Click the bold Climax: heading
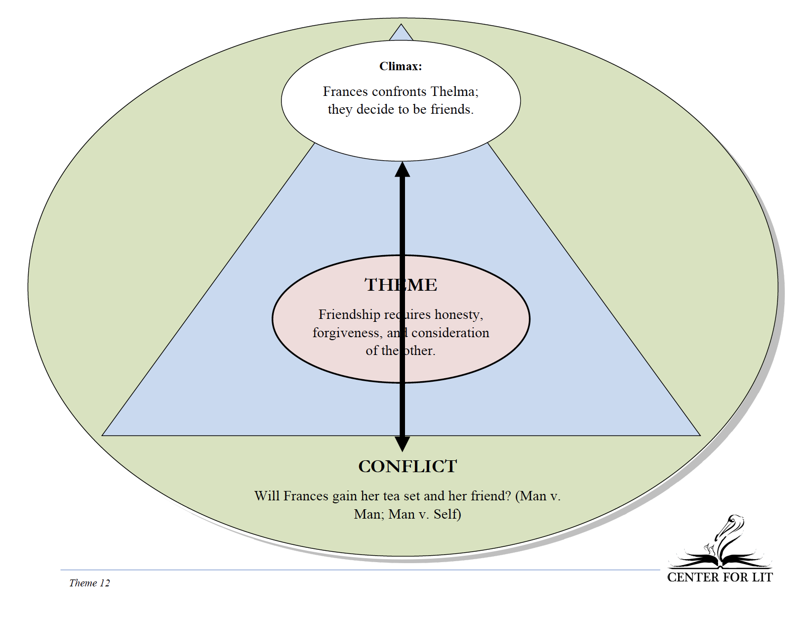(x=401, y=66)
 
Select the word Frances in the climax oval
(x=346, y=91)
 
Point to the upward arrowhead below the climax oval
(x=403, y=170)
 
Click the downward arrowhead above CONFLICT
(x=403, y=444)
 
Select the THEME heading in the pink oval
(x=401, y=285)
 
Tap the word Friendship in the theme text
(x=349, y=315)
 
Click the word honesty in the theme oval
(x=458, y=315)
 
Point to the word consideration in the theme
(x=450, y=333)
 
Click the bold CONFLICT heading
(x=407, y=467)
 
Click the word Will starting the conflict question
(x=267, y=496)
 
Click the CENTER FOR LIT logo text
(x=720, y=577)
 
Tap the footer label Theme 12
(x=90, y=583)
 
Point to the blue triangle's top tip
(x=401, y=24)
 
